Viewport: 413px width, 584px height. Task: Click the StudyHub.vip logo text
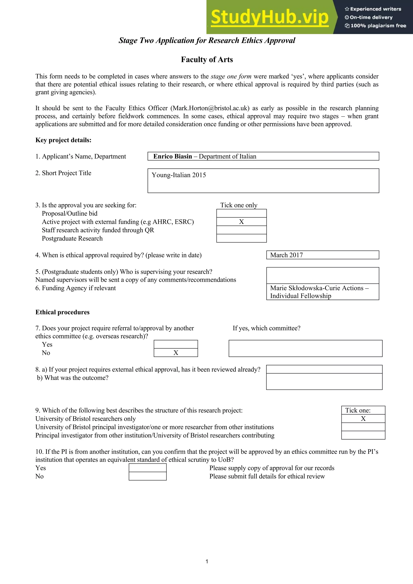tap(269, 17)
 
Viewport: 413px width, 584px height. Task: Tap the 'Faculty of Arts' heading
tap(207, 59)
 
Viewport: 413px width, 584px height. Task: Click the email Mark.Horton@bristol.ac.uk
tap(210, 108)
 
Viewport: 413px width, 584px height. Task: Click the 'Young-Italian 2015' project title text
tap(179, 175)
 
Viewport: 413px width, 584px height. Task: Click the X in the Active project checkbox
tap(241, 222)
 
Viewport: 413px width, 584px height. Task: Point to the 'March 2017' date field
tap(286, 255)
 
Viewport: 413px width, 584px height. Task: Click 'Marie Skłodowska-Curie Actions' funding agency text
tap(317, 288)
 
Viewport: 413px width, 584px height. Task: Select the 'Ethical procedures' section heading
tap(62, 312)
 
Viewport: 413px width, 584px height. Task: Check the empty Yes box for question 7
tap(176, 344)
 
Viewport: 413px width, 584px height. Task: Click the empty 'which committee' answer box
tap(305, 348)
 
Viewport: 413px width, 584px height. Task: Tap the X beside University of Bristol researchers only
tap(363, 419)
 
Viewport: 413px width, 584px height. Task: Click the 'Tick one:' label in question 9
tap(358, 410)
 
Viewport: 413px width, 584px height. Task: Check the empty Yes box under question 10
tap(148, 468)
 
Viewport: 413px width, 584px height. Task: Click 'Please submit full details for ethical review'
tap(267, 476)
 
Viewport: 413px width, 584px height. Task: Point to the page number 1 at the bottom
tap(207, 561)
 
